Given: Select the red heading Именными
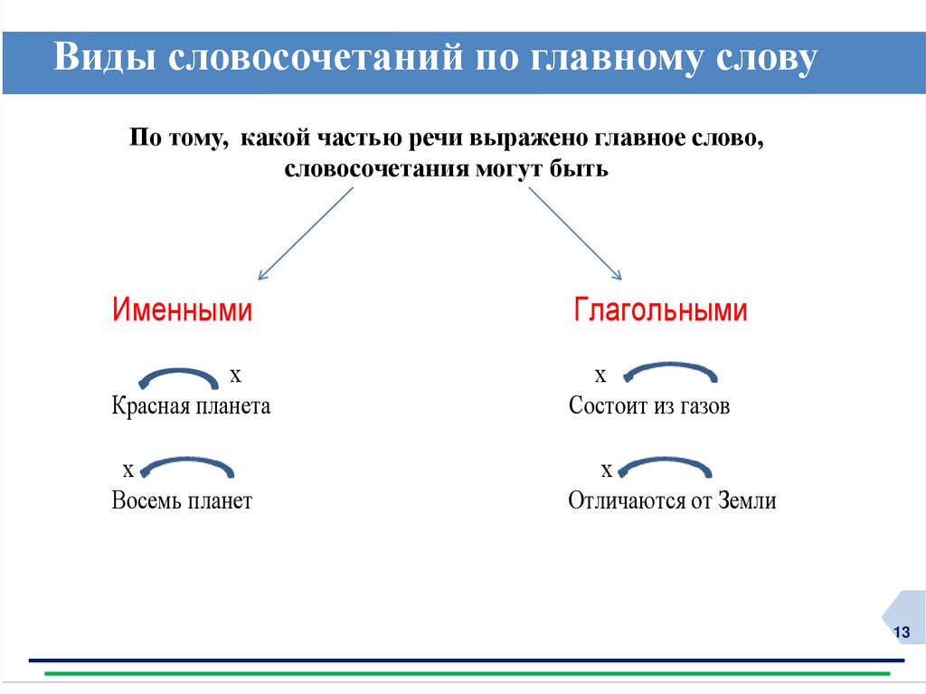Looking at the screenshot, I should pyautogui.click(x=182, y=310).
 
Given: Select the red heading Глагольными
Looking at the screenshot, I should pyautogui.click(x=660, y=310).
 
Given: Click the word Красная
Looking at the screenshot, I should pyautogui.click(x=149, y=406).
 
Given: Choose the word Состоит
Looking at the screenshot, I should pyautogui.click(x=608, y=406).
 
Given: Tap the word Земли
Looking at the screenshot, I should pyautogui.click(x=748, y=500).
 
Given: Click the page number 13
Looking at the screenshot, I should pyautogui.click(x=901, y=632).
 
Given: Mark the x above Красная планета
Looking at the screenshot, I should pyautogui.click(x=235, y=374).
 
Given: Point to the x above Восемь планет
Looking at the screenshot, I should pyautogui.click(x=128, y=469).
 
